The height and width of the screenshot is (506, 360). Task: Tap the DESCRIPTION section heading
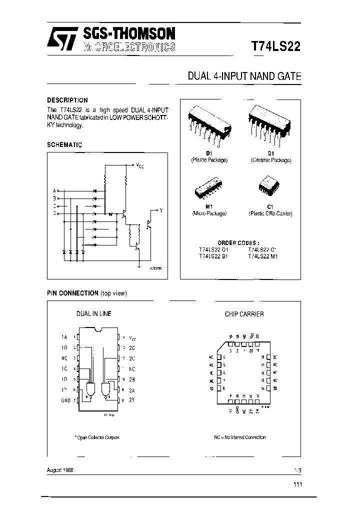pos(67,100)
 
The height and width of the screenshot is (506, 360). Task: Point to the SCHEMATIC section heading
pos(64,144)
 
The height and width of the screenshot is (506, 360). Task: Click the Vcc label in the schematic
pos(139,164)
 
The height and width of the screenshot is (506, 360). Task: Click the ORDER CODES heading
pos(238,242)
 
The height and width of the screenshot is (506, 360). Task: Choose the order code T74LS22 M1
pos(263,256)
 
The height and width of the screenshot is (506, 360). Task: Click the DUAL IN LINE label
pos(93,313)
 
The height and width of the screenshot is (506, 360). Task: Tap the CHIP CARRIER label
pos(244,314)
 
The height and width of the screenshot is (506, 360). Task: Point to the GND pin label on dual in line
pos(65,400)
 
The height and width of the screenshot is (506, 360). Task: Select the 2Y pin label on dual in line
pos(132,400)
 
